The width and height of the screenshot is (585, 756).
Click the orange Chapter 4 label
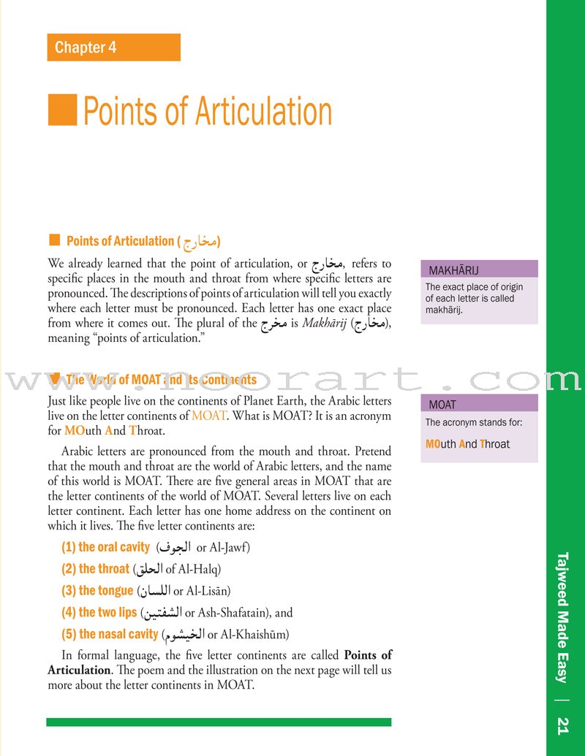pyautogui.click(x=113, y=47)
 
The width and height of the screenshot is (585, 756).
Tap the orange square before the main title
pyautogui.click(x=62, y=110)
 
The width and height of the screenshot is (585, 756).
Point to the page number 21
pyautogui.click(x=562, y=725)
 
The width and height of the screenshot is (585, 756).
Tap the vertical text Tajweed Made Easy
pyautogui.click(x=562, y=617)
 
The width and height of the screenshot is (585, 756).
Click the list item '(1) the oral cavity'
pyautogui.click(x=106, y=547)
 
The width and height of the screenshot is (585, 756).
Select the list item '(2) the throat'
pyautogui.click(x=96, y=569)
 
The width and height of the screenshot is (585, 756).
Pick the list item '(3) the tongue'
pyautogui.click(x=97, y=591)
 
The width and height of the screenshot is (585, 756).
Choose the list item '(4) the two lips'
pyautogui.click(x=99, y=613)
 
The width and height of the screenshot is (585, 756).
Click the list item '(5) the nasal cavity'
pyautogui.click(x=110, y=634)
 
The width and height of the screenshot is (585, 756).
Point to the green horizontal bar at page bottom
pyautogui.click(x=219, y=722)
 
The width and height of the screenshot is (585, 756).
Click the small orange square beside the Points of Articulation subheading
pyautogui.click(x=53, y=240)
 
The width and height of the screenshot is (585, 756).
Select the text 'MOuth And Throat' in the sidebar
pyautogui.click(x=467, y=444)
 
